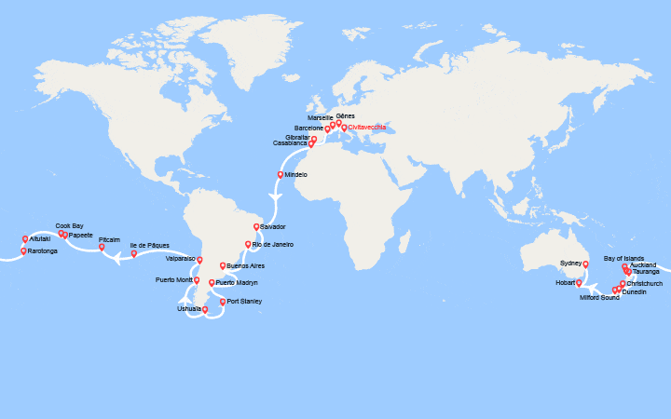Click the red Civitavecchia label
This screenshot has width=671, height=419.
(x=367, y=127)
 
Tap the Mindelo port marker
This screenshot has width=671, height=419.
(x=280, y=174)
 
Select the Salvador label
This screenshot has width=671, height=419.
(x=274, y=226)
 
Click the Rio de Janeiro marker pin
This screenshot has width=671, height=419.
(x=247, y=244)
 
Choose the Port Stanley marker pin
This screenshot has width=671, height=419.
(x=222, y=302)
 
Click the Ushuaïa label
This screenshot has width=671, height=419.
(x=188, y=309)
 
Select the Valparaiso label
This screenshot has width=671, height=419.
(x=180, y=258)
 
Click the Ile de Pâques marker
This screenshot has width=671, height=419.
(x=133, y=253)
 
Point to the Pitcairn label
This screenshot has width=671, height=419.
(x=109, y=239)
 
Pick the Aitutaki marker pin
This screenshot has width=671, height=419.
(x=24, y=239)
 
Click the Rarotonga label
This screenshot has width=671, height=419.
(x=43, y=251)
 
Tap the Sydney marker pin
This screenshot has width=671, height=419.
(x=585, y=264)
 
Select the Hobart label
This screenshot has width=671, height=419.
(x=565, y=282)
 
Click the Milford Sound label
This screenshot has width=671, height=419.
(x=599, y=297)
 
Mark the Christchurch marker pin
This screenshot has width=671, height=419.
(x=623, y=283)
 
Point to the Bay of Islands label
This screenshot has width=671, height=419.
(x=623, y=257)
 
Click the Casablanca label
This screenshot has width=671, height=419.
(x=289, y=143)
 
